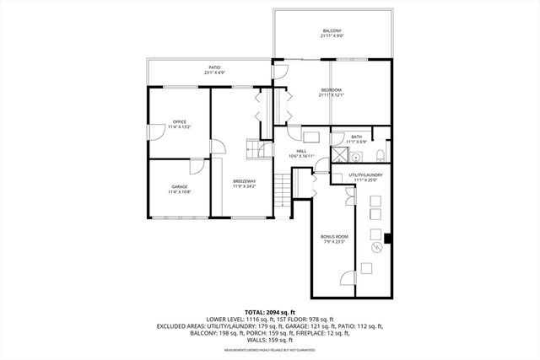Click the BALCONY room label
(x=332, y=31)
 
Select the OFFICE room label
(x=179, y=122)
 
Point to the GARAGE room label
(x=179, y=186)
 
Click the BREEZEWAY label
(x=245, y=181)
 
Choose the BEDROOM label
(x=332, y=89)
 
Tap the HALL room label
(x=301, y=151)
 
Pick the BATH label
(x=357, y=137)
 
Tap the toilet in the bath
(x=381, y=154)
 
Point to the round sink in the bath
(x=357, y=157)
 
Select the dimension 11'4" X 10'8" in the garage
(x=179, y=192)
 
